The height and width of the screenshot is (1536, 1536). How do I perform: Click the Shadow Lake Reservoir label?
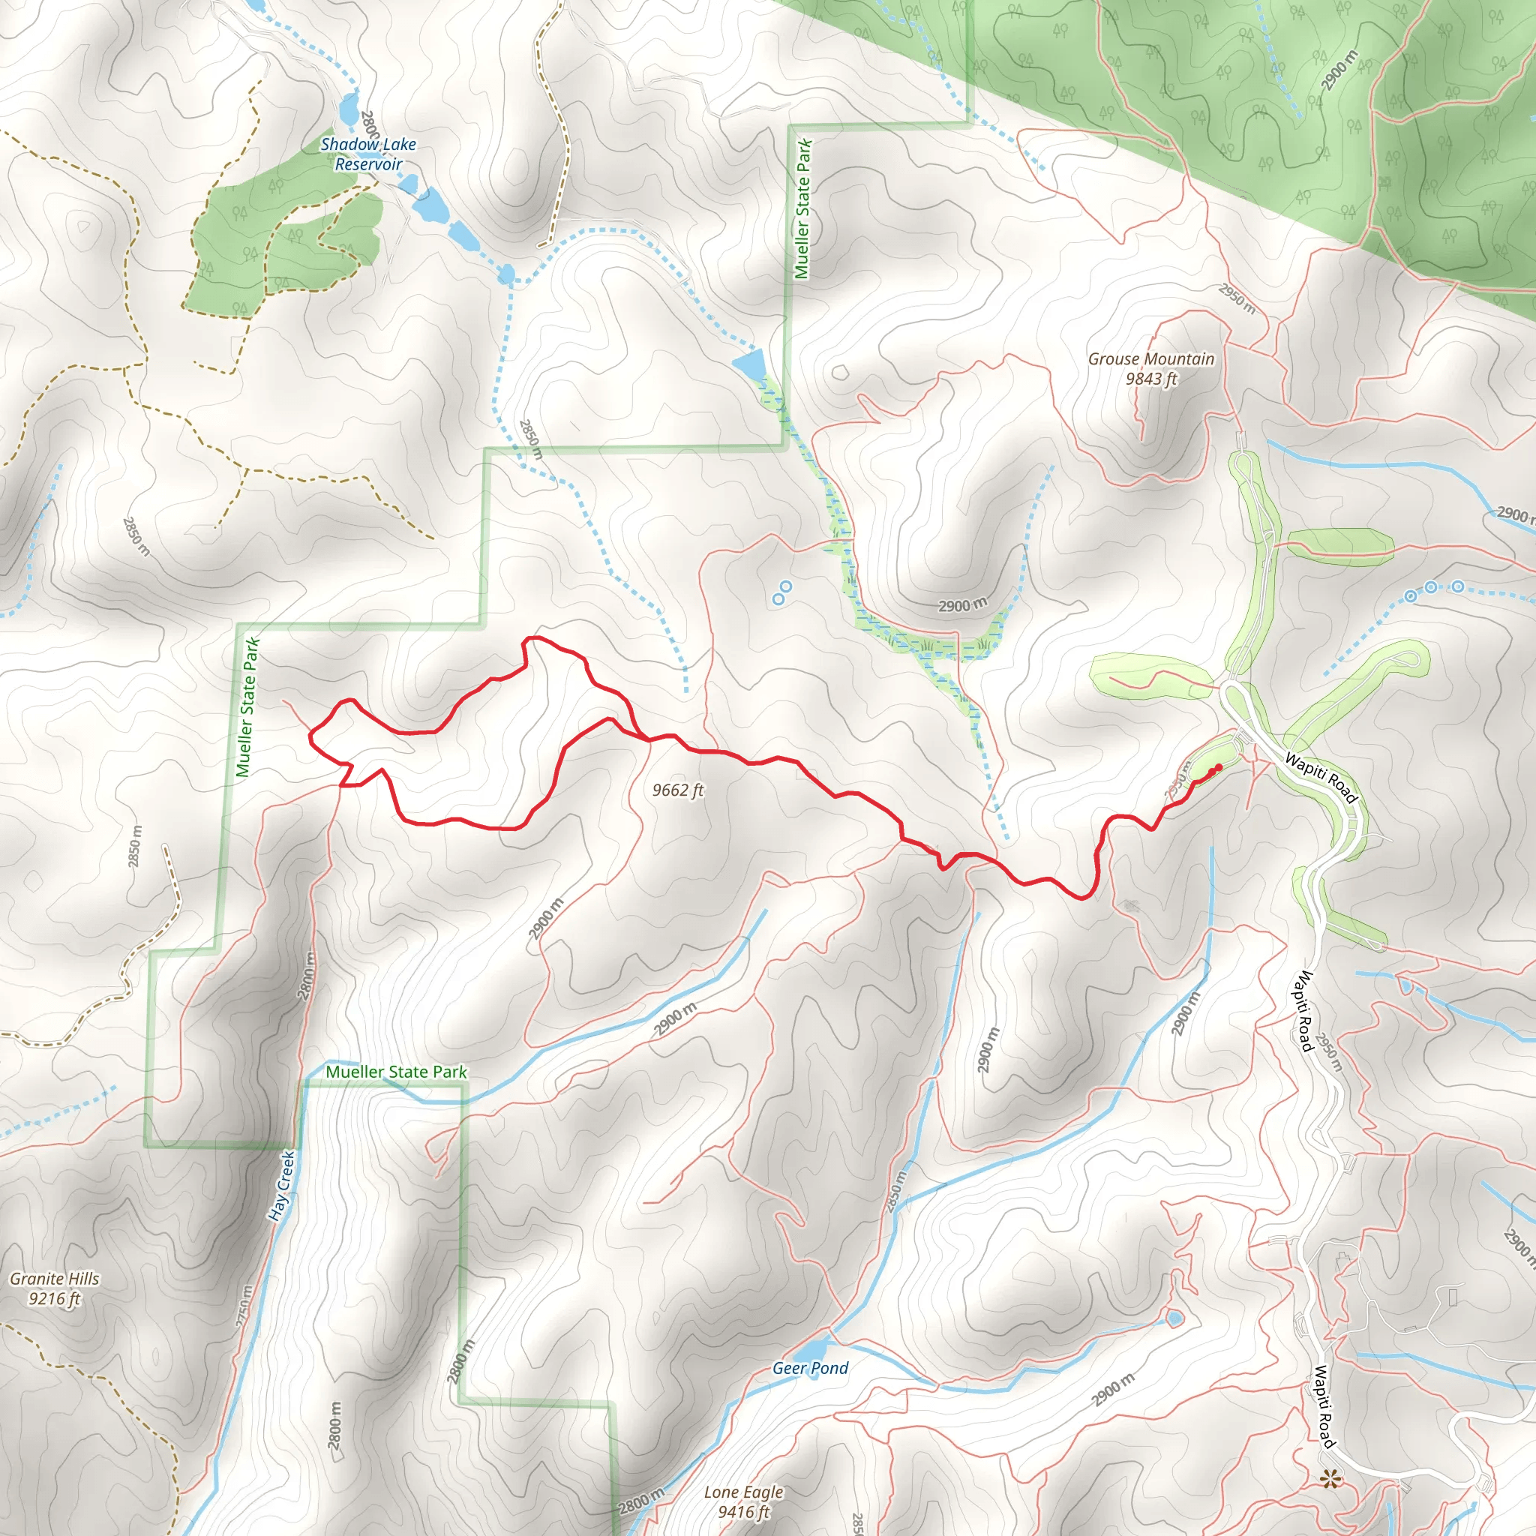368,154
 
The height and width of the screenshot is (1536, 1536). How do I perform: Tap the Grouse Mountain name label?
1150,359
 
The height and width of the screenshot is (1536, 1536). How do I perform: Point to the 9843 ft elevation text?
1150,379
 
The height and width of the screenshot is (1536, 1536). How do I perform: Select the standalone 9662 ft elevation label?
677,790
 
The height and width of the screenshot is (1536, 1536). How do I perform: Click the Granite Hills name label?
55,1279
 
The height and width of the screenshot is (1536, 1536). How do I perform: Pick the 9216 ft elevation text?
55,1299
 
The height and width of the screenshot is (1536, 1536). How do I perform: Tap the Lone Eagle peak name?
743,1492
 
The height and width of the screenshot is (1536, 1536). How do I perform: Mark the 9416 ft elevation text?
743,1511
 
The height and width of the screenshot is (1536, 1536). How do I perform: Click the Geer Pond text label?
810,1367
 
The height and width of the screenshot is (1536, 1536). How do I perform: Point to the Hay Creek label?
282,1186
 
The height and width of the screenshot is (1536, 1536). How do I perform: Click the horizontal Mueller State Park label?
396,1072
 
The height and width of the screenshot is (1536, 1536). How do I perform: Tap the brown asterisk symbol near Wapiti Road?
1327,1480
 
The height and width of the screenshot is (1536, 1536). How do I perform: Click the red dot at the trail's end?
1218,767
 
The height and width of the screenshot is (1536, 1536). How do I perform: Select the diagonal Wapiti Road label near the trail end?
1321,778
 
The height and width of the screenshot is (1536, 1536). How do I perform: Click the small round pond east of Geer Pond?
1174,1319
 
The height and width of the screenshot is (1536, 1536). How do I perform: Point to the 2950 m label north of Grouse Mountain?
1237,299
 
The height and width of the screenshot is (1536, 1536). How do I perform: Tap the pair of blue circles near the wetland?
782,592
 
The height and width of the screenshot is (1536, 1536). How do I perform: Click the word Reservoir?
368,164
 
